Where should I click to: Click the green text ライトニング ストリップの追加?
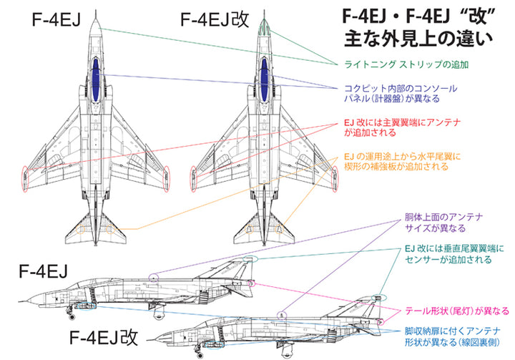click(x=407, y=64)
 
